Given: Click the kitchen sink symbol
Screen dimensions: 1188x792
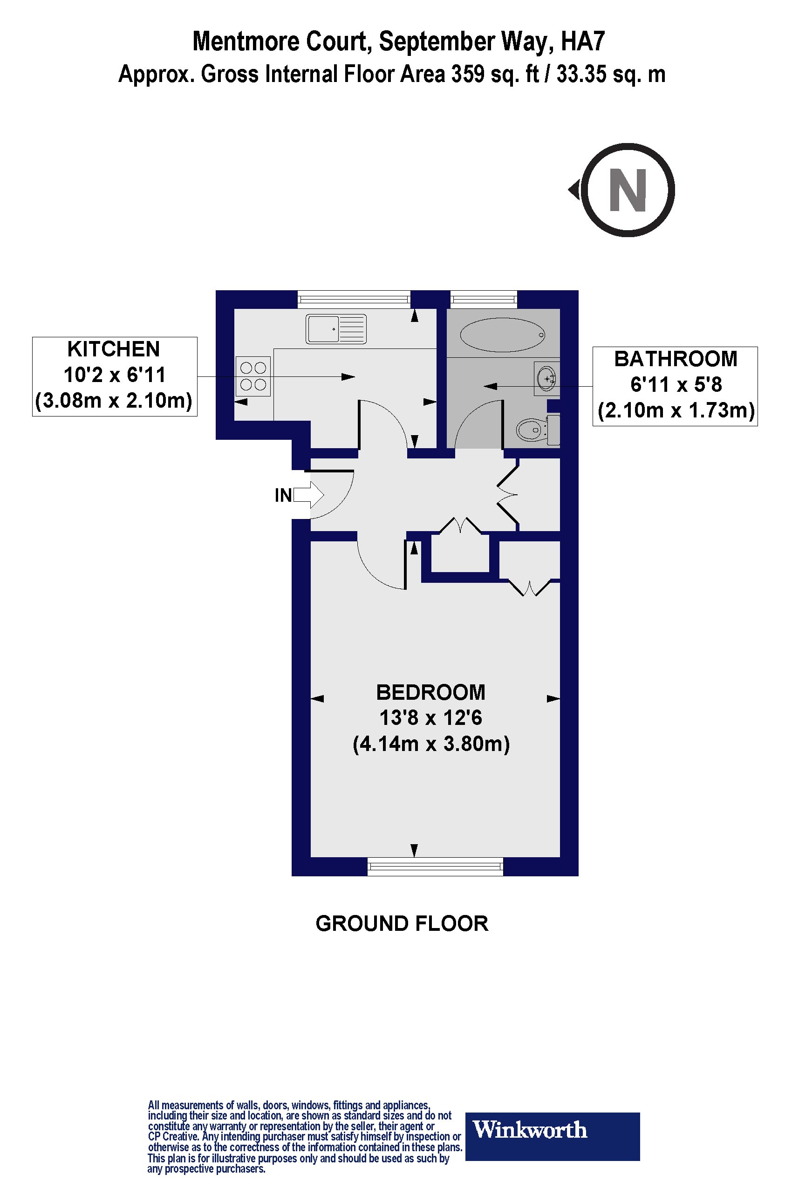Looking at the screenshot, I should tap(336, 329).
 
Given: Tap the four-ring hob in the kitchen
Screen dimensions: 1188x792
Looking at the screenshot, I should tap(253, 376).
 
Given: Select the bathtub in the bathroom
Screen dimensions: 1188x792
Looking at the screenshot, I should tap(503, 335).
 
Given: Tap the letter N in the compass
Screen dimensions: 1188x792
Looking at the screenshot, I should tap(628, 191).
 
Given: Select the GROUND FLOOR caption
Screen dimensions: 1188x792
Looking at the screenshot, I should tap(402, 923).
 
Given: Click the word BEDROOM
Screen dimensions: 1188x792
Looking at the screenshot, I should tap(430, 692).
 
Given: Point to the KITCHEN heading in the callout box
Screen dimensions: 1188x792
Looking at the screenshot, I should tap(114, 349).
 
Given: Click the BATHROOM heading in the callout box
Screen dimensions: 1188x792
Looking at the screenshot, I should tap(676, 359).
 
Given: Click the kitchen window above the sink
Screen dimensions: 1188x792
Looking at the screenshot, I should tap(354, 300).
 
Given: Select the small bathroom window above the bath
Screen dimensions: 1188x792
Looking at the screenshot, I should tap(484, 300).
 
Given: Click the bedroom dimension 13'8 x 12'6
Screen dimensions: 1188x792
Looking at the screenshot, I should tap(430, 718).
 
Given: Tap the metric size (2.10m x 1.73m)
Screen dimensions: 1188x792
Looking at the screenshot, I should tap(676, 410).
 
